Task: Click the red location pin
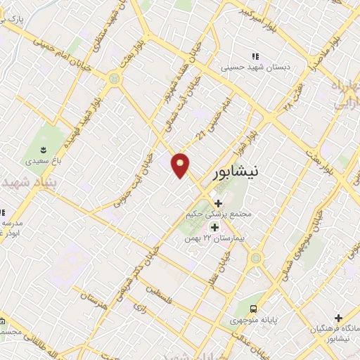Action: [x=181, y=165]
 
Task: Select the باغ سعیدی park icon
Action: [x=44, y=150]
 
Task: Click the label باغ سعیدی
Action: [x=44, y=161]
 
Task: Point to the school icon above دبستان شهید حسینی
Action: [x=255, y=56]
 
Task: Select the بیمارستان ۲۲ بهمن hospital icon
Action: [x=214, y=227]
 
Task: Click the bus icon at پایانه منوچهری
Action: [x=253, y=308]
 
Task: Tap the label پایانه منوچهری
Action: [x=252, y=319]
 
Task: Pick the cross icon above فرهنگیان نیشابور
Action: [x=338, y=318]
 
